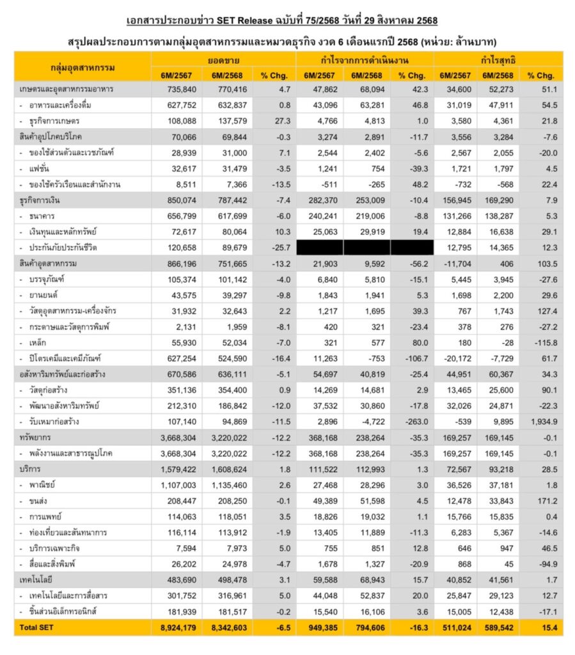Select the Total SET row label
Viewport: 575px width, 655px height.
tap(36, 627)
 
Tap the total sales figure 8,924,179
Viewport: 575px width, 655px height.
tap(177, 627)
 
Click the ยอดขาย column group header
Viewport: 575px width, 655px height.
tap(223, 59)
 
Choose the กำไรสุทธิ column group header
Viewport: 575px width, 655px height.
tap(498, 59)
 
